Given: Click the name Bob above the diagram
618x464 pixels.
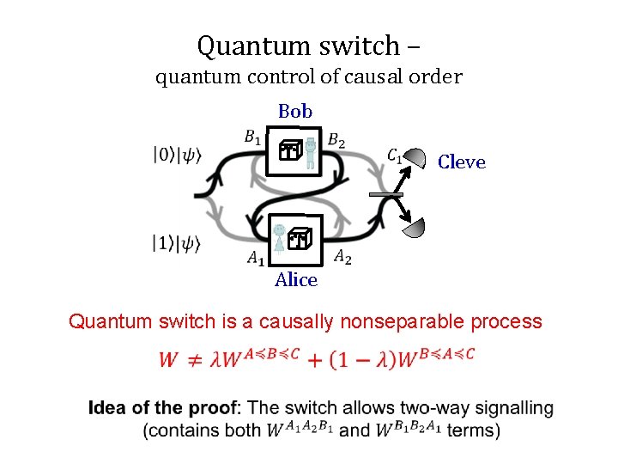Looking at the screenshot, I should point(295,112).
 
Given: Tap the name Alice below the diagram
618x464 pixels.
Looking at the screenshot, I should point(296,280).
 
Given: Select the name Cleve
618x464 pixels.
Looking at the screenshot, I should point(461,162).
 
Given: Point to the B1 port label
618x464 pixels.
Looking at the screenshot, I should point(253,137).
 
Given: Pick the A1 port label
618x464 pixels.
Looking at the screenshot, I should point(256,257).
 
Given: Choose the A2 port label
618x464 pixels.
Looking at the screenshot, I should point(342,255).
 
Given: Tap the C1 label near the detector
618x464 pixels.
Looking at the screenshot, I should point(394,156).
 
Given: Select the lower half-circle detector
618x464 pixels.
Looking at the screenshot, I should point(415,228).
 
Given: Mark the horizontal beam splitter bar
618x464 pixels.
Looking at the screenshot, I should point(386,196).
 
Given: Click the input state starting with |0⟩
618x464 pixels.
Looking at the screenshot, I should point(178,156).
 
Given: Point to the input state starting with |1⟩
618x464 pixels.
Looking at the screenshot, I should point(178,244).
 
